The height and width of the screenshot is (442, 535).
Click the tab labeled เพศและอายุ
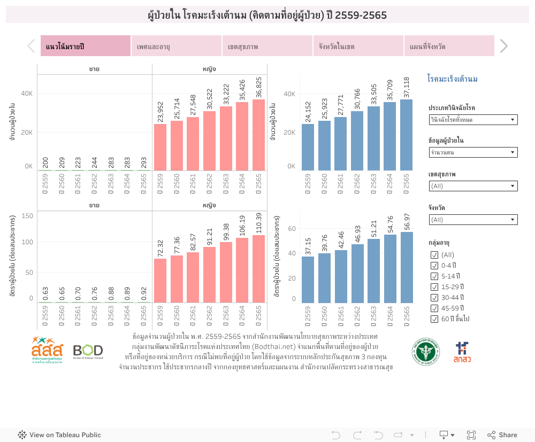[x=177, y=46]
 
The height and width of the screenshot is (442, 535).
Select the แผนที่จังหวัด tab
[x=449, y=46]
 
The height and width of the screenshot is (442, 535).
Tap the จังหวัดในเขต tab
[x=358, y=46]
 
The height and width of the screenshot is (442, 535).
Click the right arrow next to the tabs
[x=503, y=46]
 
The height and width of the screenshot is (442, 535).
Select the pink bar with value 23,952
[x=160, y=147]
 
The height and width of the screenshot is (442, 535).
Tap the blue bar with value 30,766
[x=357, y=141]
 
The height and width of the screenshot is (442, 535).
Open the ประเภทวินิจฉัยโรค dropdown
[x=473, y=120]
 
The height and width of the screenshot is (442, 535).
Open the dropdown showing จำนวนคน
[x=473, y=153]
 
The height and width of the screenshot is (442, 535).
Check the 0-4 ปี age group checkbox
[x=434, y=266]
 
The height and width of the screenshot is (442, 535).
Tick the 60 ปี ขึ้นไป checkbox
[x=434, y=319]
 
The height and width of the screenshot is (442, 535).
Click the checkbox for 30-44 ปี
[x=434, y=298]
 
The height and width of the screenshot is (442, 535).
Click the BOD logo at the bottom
[x=88, y=351]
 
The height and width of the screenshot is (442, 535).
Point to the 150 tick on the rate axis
[x=28, y=215]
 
